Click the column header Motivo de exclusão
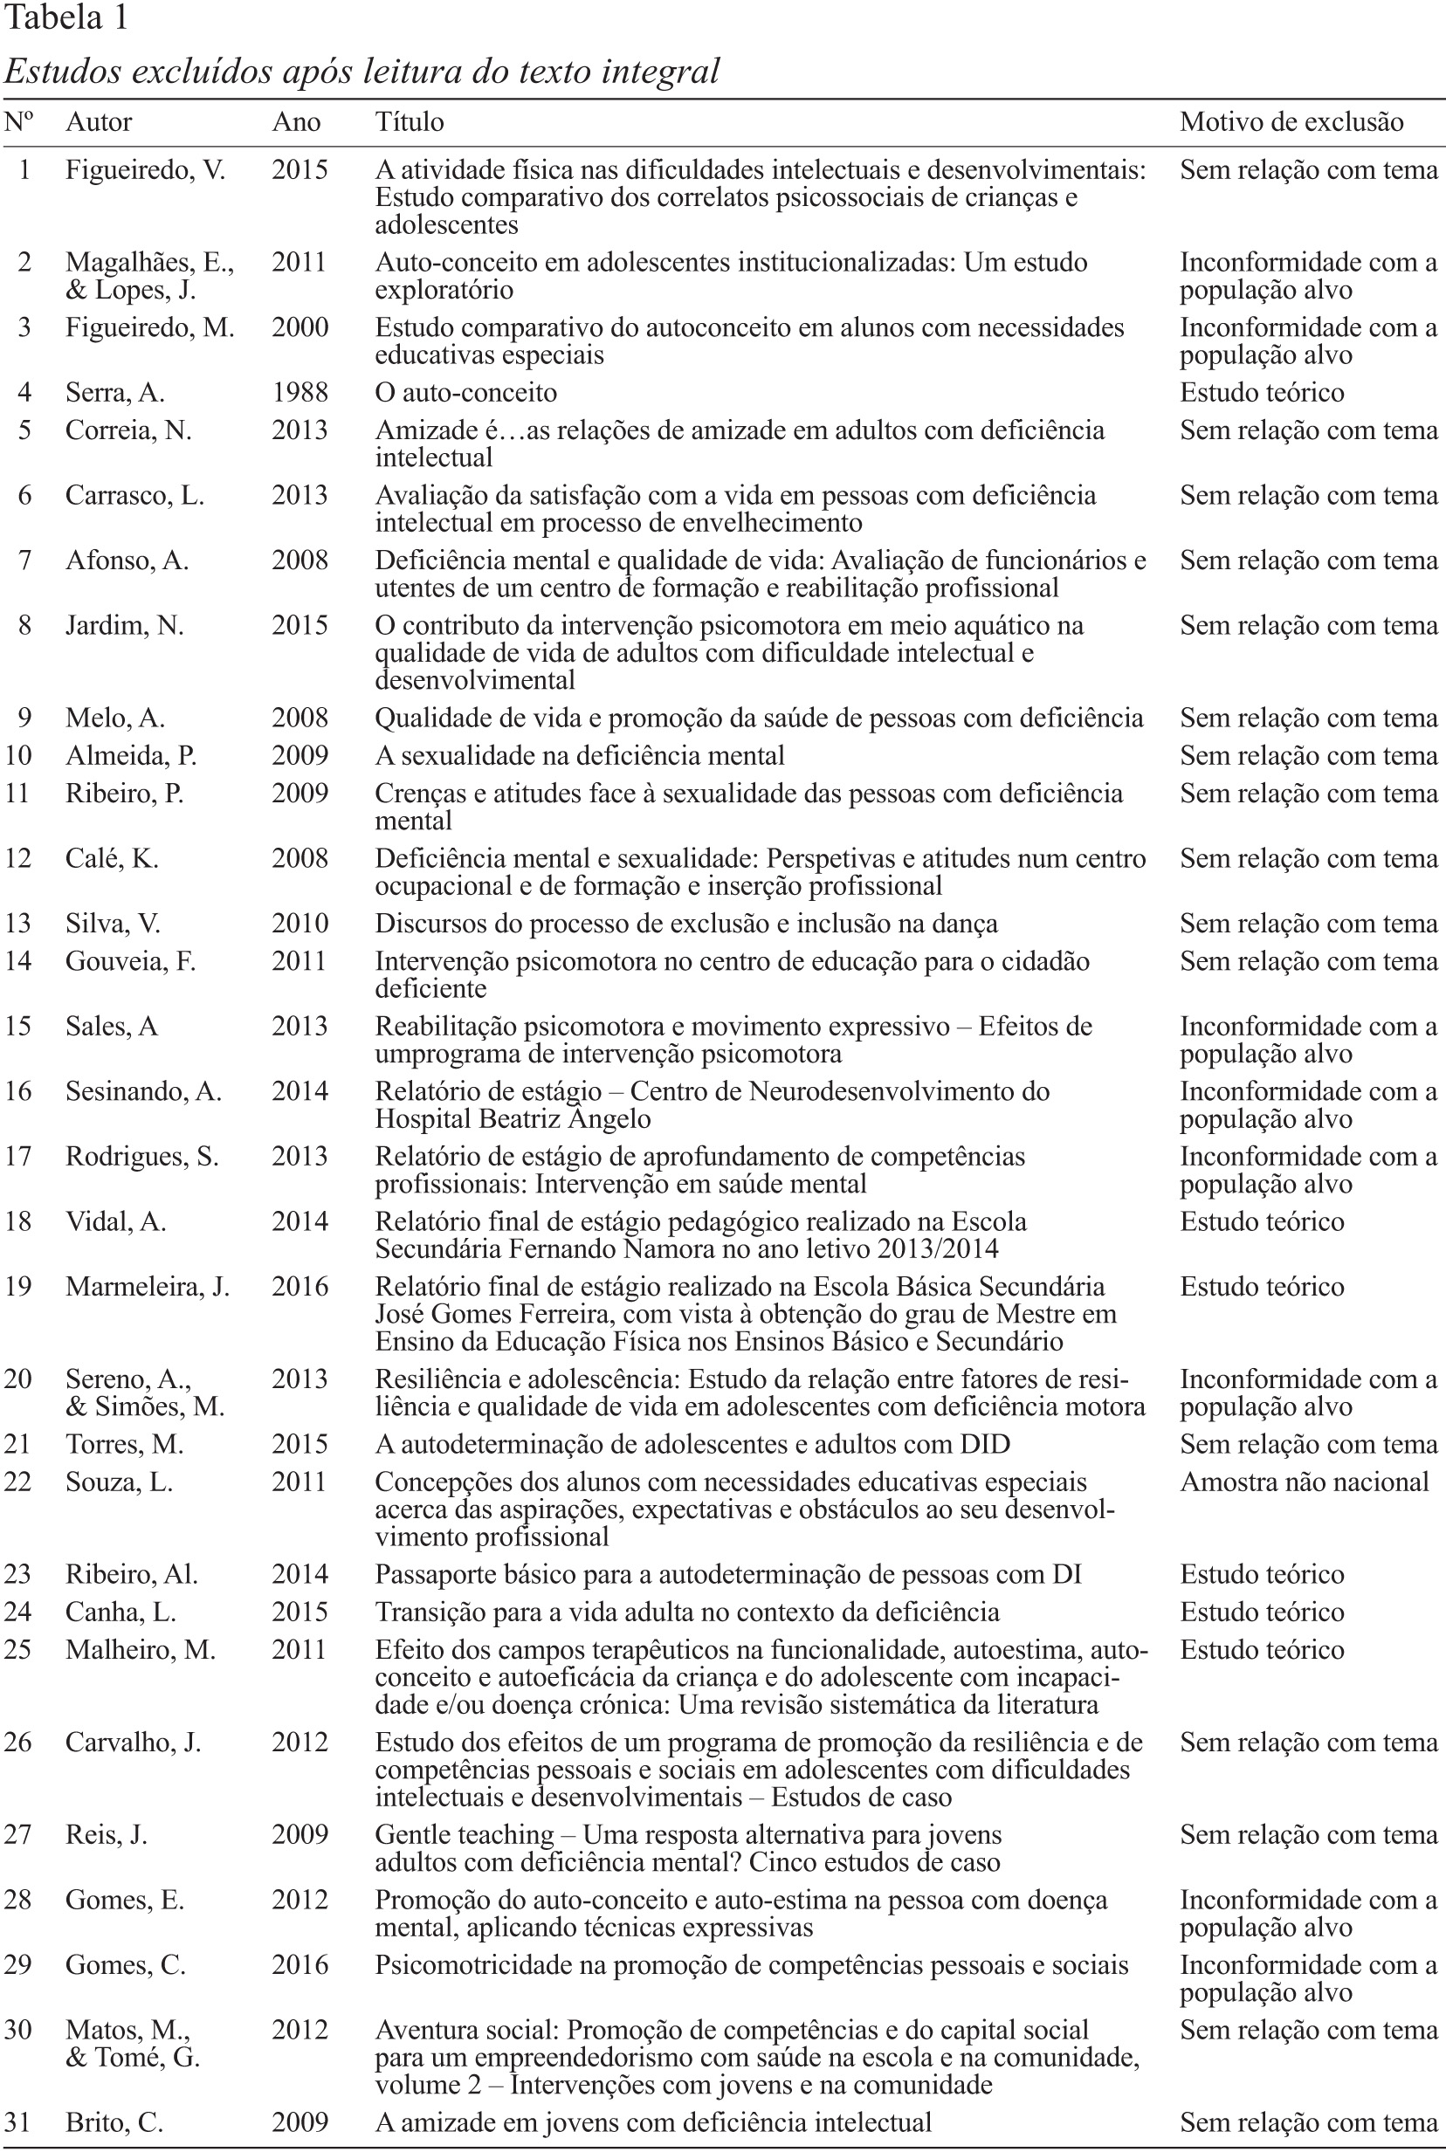pyautogui.click(x=1291, y=122)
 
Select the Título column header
pyautogui.click(x=409, y=122)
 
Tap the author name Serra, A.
pyautogui.click(x=114, y=393)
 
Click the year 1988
pyautogui.click(x=300, y=393)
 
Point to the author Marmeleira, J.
pyautogui.click(x=148, y=1287)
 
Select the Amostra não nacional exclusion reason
pyautogui.click(x=1304, y=1482)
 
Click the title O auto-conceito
pyautogui.click(x=465, y=393)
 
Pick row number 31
pyautogui.click(x=17, y=2122)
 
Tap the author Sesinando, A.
pyautogui.click(x=143, y=1091)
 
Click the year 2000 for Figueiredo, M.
pyautogui.click(x=300, y=328)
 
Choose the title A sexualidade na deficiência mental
pyautogui.click(x=579, y=756)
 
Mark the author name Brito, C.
pyautogui.click(x=114, y=2122)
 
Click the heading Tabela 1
pyautogui.click(x=66, y=18)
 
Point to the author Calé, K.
pyautogui.click(x=112, y=859)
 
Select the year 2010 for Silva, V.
pyautogui.click(x=300, y=924)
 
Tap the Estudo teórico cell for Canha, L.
pyautogui.click(x=1262, y=1612)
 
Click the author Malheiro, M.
pyautogui.click(x=141, y=1650)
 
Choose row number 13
pyautogui.click(x=17, y=924)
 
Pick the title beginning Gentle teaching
pyautogui.click(x=687, y=1849)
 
